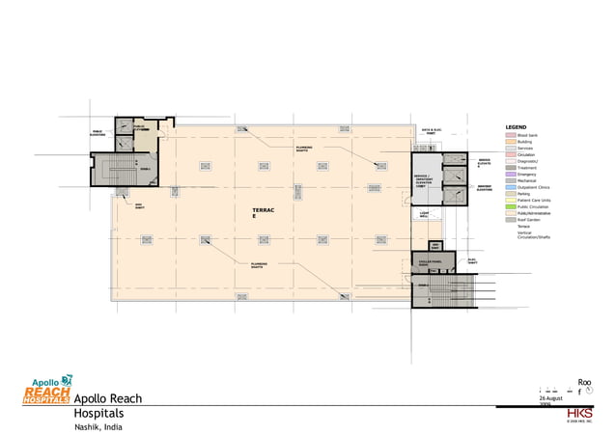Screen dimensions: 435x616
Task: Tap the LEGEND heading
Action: coord(517,127)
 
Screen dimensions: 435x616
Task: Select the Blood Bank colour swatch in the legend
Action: coord(510,134)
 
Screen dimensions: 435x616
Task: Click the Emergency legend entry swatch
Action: coord(510,174)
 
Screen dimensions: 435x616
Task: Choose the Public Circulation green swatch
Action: coord(510,206)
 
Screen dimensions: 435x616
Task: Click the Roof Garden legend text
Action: coord(531,220)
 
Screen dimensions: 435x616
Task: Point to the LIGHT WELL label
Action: coord(424,214)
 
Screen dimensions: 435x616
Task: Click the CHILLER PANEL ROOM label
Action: coord(428,261)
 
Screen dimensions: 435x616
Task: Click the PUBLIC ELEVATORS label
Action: coord(98,134)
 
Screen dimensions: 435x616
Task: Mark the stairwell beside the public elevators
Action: coord(122,170)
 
